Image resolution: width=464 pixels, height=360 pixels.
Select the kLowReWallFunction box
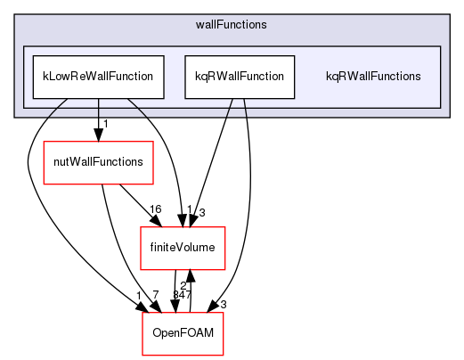point(98,77)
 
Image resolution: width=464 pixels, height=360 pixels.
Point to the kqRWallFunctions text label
point(373,77)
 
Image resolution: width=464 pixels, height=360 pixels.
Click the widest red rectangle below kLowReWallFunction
point(98,163)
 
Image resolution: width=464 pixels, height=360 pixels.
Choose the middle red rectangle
point(183,249)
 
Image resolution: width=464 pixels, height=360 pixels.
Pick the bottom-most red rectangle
point(182,333)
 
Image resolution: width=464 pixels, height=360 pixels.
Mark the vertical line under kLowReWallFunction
point(98,109)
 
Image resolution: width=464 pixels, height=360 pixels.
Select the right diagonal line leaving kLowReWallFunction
point(136,109)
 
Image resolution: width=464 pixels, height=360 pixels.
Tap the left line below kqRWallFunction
point(230,108)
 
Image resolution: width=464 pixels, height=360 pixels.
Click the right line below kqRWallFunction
point(244,108)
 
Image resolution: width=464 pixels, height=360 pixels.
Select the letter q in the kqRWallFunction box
point(204,77)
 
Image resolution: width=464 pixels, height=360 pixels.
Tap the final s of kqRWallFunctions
point(418,77)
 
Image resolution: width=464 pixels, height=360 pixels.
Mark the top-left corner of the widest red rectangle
point(44,142)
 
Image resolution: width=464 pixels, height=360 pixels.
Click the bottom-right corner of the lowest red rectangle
point(222,355)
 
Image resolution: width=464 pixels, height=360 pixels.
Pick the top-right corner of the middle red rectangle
point(224,227)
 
